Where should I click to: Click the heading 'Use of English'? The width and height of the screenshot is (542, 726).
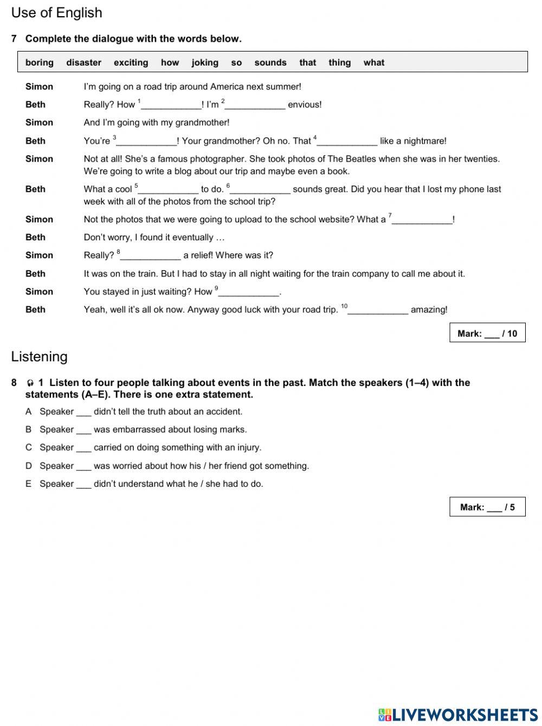pos(56,12)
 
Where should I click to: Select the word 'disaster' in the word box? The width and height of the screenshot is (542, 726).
pos(83,62)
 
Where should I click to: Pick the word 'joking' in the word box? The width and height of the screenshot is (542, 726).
pos(205,62)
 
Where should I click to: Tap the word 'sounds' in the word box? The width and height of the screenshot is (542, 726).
pos(270,62)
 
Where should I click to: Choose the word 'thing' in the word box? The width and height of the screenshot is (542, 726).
pos(339,62)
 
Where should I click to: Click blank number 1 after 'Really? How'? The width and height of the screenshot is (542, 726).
pos(171,105)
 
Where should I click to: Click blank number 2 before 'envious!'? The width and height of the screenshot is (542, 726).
pos(255,105)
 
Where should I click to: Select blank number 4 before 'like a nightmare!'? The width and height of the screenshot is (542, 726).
pos(347,142)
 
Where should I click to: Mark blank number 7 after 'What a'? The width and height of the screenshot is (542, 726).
pos(422,220)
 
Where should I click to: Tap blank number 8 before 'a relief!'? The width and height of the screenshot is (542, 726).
pos(150,256)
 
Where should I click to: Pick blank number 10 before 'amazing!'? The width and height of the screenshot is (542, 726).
pos(378,310)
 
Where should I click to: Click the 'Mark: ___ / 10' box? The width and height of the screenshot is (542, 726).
pos(487,333)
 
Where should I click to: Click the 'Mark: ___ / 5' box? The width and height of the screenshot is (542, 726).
pos(487,507)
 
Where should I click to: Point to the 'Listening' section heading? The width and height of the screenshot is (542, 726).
pos(40,356)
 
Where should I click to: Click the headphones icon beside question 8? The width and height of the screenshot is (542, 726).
pos(30,383)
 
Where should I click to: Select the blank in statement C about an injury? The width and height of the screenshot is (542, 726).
pos(83,448)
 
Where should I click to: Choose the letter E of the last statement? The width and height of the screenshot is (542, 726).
pos(28,484)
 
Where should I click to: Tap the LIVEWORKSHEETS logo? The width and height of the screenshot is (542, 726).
pos(458,714)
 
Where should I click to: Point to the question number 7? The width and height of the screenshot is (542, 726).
pos(14,38)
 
